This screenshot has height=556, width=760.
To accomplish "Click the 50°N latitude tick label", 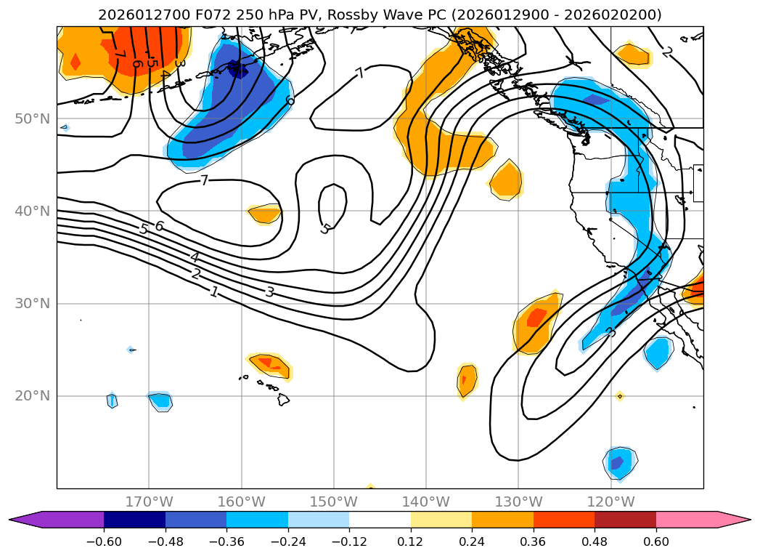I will click(32, 118).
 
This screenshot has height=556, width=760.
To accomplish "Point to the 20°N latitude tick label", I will click(32, 396).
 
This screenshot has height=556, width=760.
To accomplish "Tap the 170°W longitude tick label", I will click(149, 501).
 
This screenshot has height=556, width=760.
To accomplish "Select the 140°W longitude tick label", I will click(426, 501).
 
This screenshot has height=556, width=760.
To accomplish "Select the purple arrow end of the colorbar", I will click(25, 520).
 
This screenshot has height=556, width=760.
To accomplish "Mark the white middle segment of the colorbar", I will click(380, 520).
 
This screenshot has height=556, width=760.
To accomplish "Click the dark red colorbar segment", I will click(625, 520).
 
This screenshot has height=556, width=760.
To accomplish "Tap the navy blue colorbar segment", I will click(134, 520).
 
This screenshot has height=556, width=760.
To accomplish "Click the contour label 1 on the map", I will click(213, 291).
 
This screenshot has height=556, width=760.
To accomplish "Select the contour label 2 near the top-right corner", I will click(667, 52).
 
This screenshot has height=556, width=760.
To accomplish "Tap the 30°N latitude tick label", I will click(32, 304).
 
